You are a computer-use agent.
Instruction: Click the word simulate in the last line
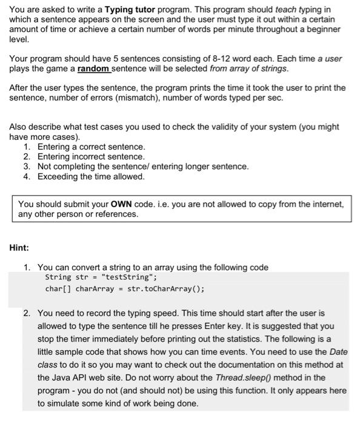64,403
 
